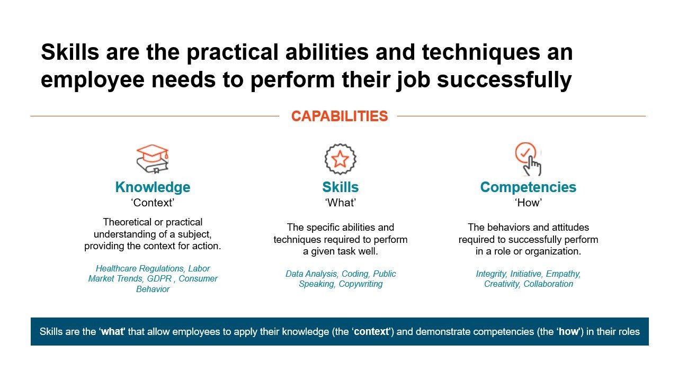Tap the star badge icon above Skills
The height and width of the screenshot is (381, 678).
[340, 159]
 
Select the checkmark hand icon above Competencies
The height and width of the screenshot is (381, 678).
[528, 159]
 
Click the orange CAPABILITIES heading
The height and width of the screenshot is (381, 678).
[340, 116]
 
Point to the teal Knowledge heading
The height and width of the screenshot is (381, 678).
[153, 187]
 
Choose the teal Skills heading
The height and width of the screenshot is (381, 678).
[340, 187]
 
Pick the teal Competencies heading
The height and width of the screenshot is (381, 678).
[528, 187]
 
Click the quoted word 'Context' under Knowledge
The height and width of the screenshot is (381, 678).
[153, 202]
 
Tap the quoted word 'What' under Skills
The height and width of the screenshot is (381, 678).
[340, 202]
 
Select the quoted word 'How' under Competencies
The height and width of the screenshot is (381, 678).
[528, 202]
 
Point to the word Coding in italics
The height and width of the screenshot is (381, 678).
[355, 274]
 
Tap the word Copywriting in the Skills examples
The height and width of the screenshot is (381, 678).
[361, 284]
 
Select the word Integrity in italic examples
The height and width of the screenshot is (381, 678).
[491, 274]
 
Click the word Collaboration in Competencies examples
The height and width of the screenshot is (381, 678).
[548, 284]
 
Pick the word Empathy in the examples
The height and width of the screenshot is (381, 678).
[563, 274]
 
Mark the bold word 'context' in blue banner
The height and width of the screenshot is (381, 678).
[372, 332]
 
